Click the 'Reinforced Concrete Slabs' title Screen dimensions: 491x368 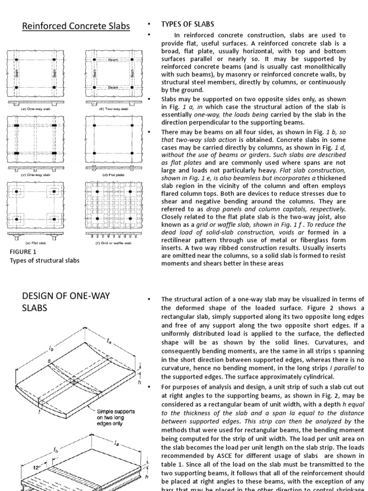[76, 26]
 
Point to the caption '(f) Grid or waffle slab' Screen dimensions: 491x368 [111, 243]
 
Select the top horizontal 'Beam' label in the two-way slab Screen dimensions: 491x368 [113, 60]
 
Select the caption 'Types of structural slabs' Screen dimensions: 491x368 [45, 260]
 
